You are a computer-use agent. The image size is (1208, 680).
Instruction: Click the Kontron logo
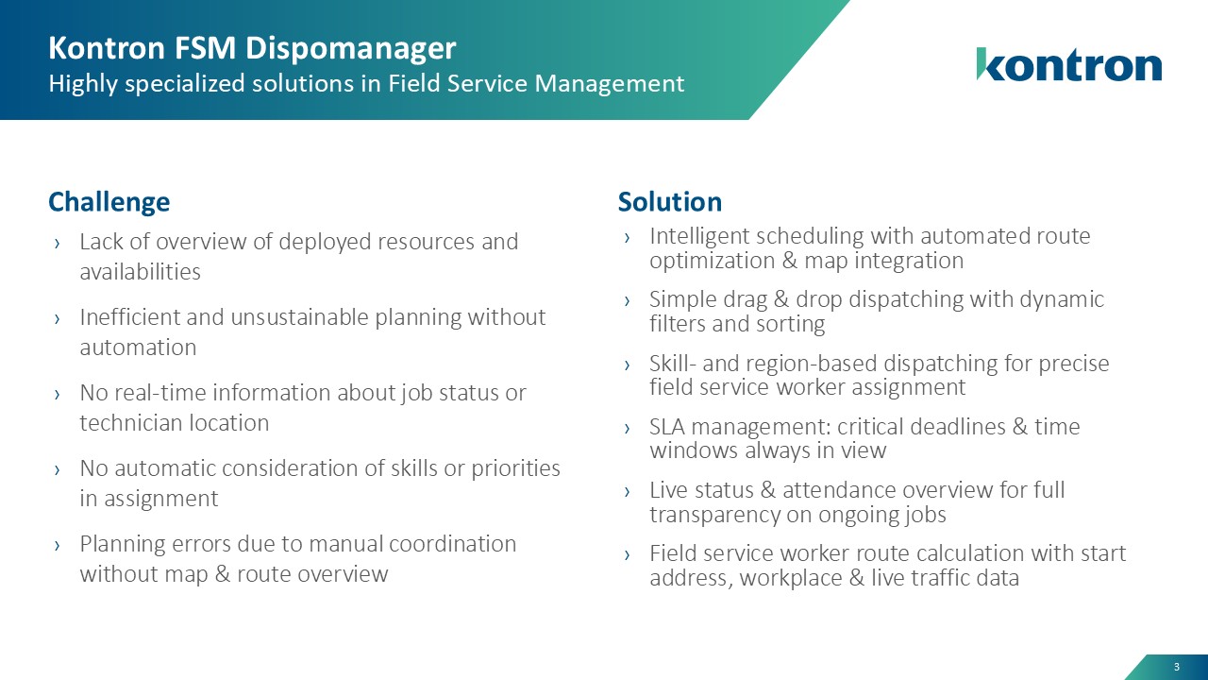point(1069,64)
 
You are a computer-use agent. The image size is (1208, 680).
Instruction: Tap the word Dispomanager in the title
point(351,48)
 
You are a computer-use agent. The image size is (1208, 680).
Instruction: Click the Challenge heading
point(109,202)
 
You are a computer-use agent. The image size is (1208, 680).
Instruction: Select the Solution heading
point(670,202)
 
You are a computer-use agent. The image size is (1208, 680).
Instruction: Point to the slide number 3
point(1177,667)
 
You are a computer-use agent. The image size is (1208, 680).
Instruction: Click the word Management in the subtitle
point(610,84)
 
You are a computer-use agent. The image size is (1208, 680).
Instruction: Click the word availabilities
point(141,271)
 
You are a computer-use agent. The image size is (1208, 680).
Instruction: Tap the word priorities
point(516,468)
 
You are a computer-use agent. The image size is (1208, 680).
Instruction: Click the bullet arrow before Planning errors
point(58,545)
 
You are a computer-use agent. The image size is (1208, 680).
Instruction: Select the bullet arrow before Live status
point(627,491)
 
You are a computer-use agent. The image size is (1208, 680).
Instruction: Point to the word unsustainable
point(299,317)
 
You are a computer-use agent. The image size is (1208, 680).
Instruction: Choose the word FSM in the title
point(205,48)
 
